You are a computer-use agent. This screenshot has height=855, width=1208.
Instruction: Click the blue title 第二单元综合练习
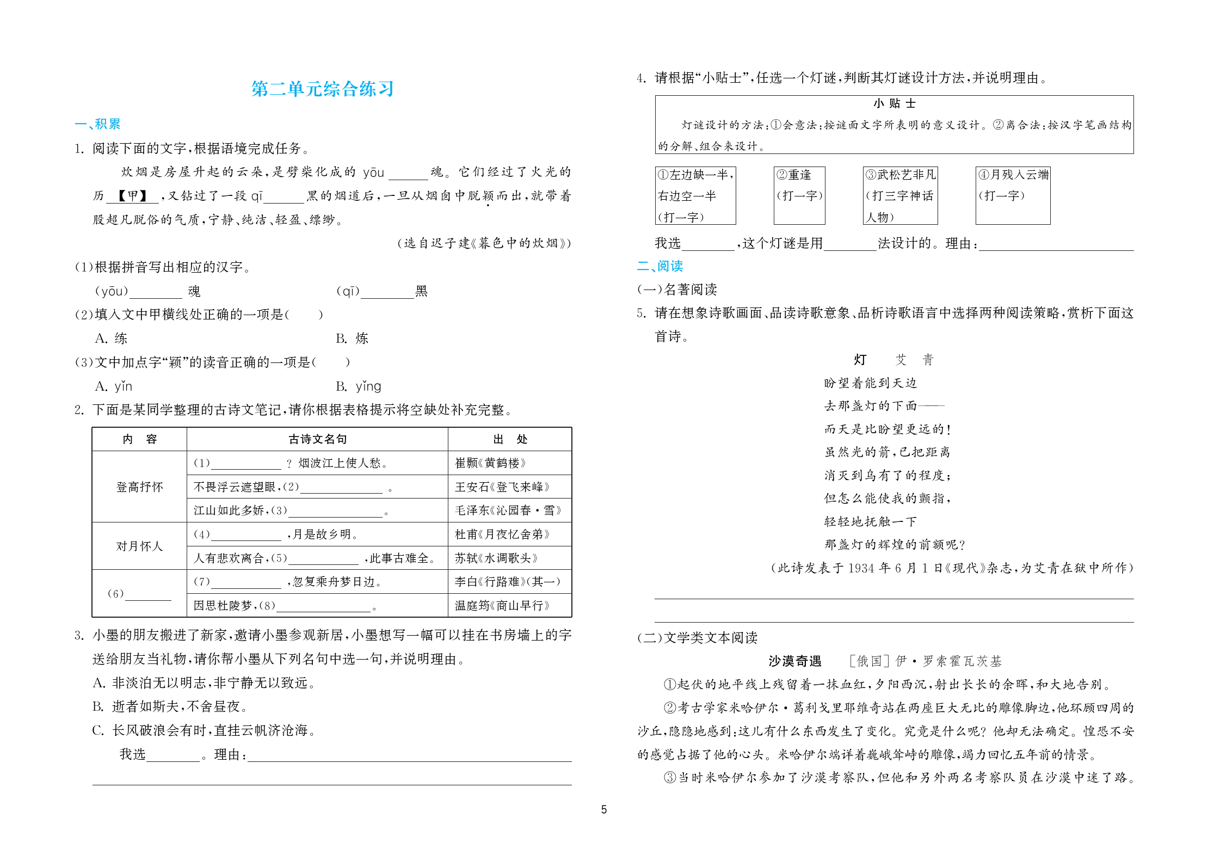[322, 89]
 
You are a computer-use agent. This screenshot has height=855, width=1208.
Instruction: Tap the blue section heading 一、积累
[97, 124]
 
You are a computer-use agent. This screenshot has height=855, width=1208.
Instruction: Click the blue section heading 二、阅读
[660, 266]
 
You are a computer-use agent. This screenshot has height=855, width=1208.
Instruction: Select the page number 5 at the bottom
[603, 809]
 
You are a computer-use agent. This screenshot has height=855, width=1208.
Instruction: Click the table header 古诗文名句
[317, 439]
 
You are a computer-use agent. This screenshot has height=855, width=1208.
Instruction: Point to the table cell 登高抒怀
[139, 487]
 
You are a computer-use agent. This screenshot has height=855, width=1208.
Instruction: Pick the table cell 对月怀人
[139, 546]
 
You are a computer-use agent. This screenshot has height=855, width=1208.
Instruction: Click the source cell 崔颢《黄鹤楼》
[490, 463]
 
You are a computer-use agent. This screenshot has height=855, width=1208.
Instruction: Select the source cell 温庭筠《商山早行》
[502, 605]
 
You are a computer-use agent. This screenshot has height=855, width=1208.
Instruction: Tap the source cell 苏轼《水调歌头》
[496, 558]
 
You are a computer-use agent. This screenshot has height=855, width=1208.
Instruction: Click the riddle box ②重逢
[799, 195]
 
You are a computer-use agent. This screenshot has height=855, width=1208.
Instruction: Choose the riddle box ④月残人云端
[1013, 195]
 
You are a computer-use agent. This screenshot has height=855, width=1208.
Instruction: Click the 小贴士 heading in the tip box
[894, 103]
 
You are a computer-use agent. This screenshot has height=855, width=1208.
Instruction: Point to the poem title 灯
[860, 359]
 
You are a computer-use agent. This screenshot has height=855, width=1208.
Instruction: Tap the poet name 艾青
[914, 359]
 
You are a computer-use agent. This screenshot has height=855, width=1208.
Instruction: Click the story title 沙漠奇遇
[794, 661]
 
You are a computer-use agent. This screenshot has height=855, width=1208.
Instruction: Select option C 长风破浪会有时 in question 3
[204, 730]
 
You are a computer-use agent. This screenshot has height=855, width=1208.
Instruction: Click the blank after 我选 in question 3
[173, 755]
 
